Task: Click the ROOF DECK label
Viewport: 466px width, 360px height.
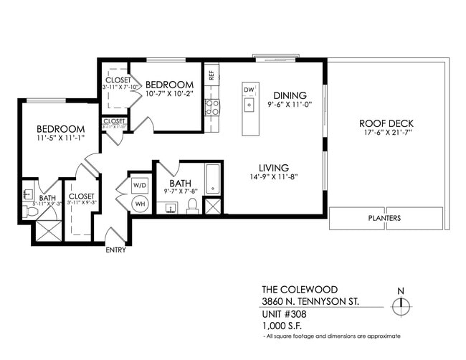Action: point(386,123)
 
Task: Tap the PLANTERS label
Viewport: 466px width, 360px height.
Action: point(385,218)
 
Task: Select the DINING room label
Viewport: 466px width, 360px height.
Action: point(290,95)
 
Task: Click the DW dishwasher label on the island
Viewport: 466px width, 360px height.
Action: point(249,89)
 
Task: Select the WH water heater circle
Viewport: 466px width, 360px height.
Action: point(140,203)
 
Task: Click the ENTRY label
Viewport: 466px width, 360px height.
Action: point(115,250)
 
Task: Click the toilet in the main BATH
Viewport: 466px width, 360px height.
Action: point(191,207)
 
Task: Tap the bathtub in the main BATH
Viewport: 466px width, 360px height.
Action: point(213,179)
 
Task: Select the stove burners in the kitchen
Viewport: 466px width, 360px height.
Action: point(212,108)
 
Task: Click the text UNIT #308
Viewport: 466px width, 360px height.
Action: point(285,313)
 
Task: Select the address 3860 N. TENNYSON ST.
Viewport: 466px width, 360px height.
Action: point(311,301)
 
